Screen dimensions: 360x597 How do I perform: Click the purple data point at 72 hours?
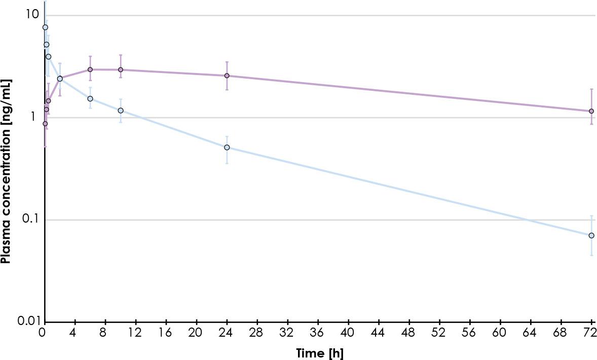pyautogui.click(x=591, y=111)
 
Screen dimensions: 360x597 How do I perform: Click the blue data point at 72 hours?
pyautogui.click(x=591, y=235)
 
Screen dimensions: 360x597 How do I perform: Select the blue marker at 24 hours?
pyautogui.click(x=227, y=148)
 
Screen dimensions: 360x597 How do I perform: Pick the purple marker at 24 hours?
pyautogui.click(x=227, y=76)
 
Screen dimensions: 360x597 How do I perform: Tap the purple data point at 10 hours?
pyautogui.click(x=121, y=69)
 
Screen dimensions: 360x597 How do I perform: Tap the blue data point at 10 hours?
pyautogui.click(x=121, y=111)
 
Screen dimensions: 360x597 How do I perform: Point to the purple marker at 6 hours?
pyautogui.click(x=90, y=69)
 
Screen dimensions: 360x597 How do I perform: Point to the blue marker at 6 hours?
pyautogui.click(x=90, y=98)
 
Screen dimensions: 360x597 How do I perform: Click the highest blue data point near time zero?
pyautogui.click(x=45, y=27)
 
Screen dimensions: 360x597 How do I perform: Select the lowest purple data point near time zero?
pyautogui.click(x=45, y=124)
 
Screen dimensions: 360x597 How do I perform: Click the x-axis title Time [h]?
pyautogui.click(x=319, y=353)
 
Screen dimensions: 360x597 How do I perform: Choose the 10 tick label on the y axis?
pyautogui.click(x=32, y=14)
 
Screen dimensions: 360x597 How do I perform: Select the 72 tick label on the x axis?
pyautogui.click(x=590, y=333)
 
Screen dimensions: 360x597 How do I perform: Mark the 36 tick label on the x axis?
pyautogui.click(x=317, y=333)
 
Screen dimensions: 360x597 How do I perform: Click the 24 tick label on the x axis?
pyautogui.click(x=227, y=333)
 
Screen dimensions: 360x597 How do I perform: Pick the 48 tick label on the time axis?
pyautogui.click(x=408, y=333)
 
